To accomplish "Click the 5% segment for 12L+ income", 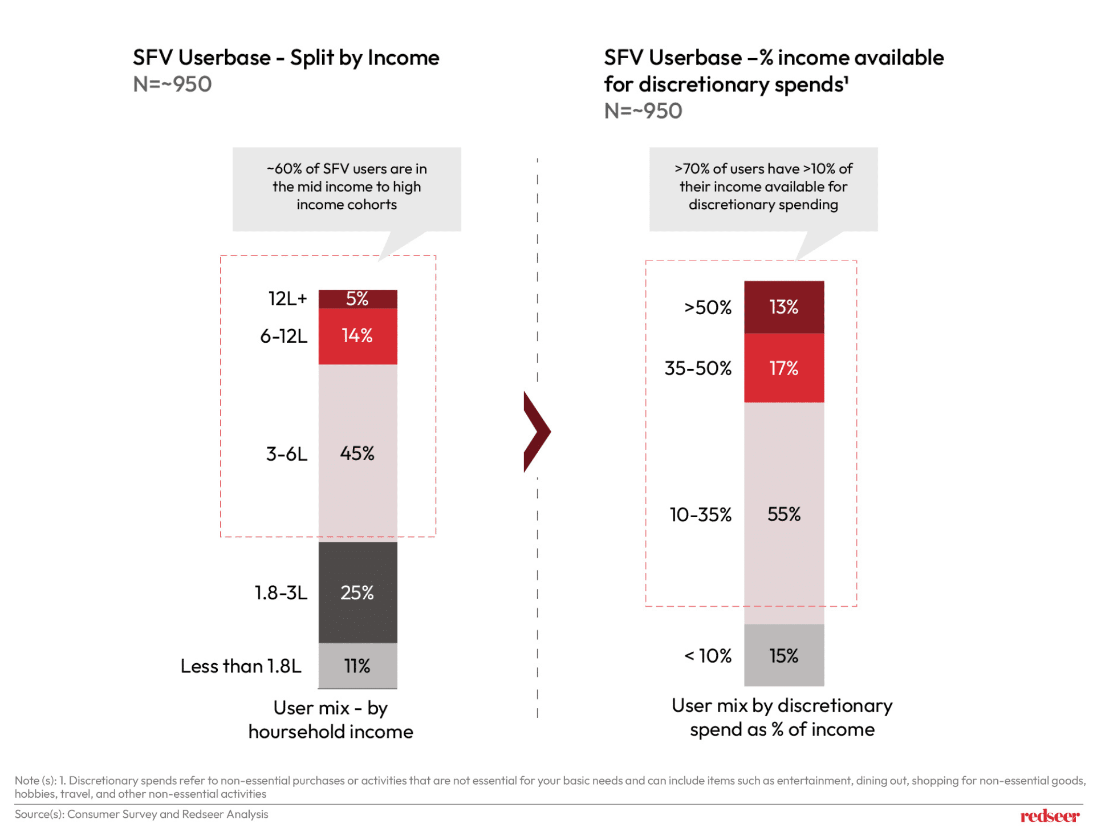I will coord(357,298).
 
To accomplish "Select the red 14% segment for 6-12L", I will coord(357,335).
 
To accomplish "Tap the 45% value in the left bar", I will coord(357,453).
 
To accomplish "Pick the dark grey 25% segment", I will coord(357,592).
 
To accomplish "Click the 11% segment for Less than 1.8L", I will coord(357,665).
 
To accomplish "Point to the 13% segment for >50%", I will coord(783,307).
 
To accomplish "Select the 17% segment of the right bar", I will coord(783,368).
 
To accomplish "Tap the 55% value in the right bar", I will coord(783,514).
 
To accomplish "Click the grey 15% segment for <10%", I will coord(783,655).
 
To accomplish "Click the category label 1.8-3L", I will coord(281,592).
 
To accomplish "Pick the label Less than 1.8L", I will coord(241,665).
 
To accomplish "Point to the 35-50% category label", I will coord(697,368).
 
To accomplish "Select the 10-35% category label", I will coord(700,514).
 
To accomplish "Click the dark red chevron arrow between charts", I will coord(536,432).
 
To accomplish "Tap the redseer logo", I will coord(1049,816).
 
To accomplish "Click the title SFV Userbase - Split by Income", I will coord(286,58).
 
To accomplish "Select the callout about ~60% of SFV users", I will coord(346,187).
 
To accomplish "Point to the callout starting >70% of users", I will coord(763,187).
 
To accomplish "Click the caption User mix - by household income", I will coord(331,719).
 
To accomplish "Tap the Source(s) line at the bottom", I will coord(141,814).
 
